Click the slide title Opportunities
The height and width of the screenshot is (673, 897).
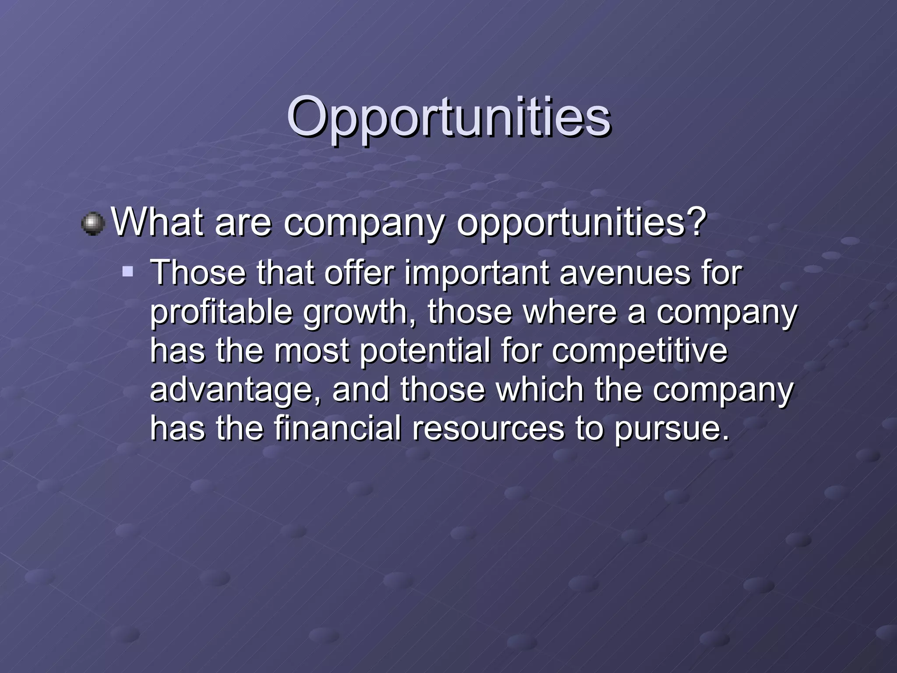click(x=448, y=117)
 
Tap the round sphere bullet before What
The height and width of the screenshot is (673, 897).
click(x=93, y=224)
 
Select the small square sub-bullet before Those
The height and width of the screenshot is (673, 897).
click(x=128, y=272)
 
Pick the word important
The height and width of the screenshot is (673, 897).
click(x=477, y=273)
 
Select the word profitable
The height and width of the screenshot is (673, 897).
click(x=221, y=312)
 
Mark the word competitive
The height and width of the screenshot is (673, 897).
click(x=639, y=351)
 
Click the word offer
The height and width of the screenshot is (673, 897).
click(x=359, y=273)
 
